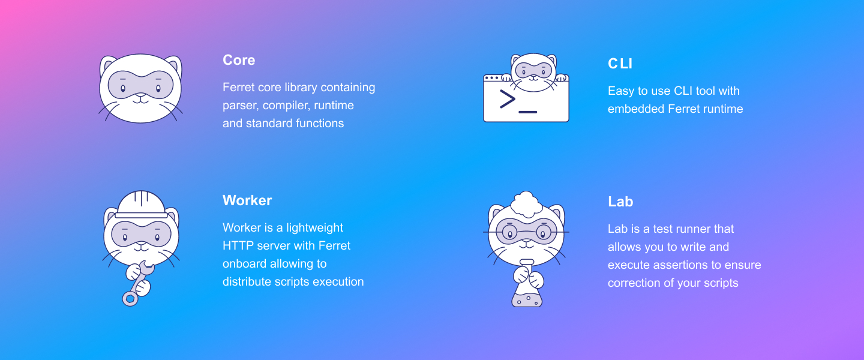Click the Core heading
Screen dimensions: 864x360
tap(239, 60)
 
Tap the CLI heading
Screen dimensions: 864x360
tap(620, 64)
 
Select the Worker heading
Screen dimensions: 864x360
tap(247, 200)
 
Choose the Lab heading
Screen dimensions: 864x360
tap(620, 202)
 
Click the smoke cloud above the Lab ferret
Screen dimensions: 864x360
tap(527, 204)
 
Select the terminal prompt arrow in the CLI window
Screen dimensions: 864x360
tap(508, 99)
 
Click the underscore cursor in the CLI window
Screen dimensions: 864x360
tap(527, 112)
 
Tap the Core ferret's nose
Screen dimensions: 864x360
tap(141, 95)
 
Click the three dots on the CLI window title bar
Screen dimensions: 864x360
tap(491, 78)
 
